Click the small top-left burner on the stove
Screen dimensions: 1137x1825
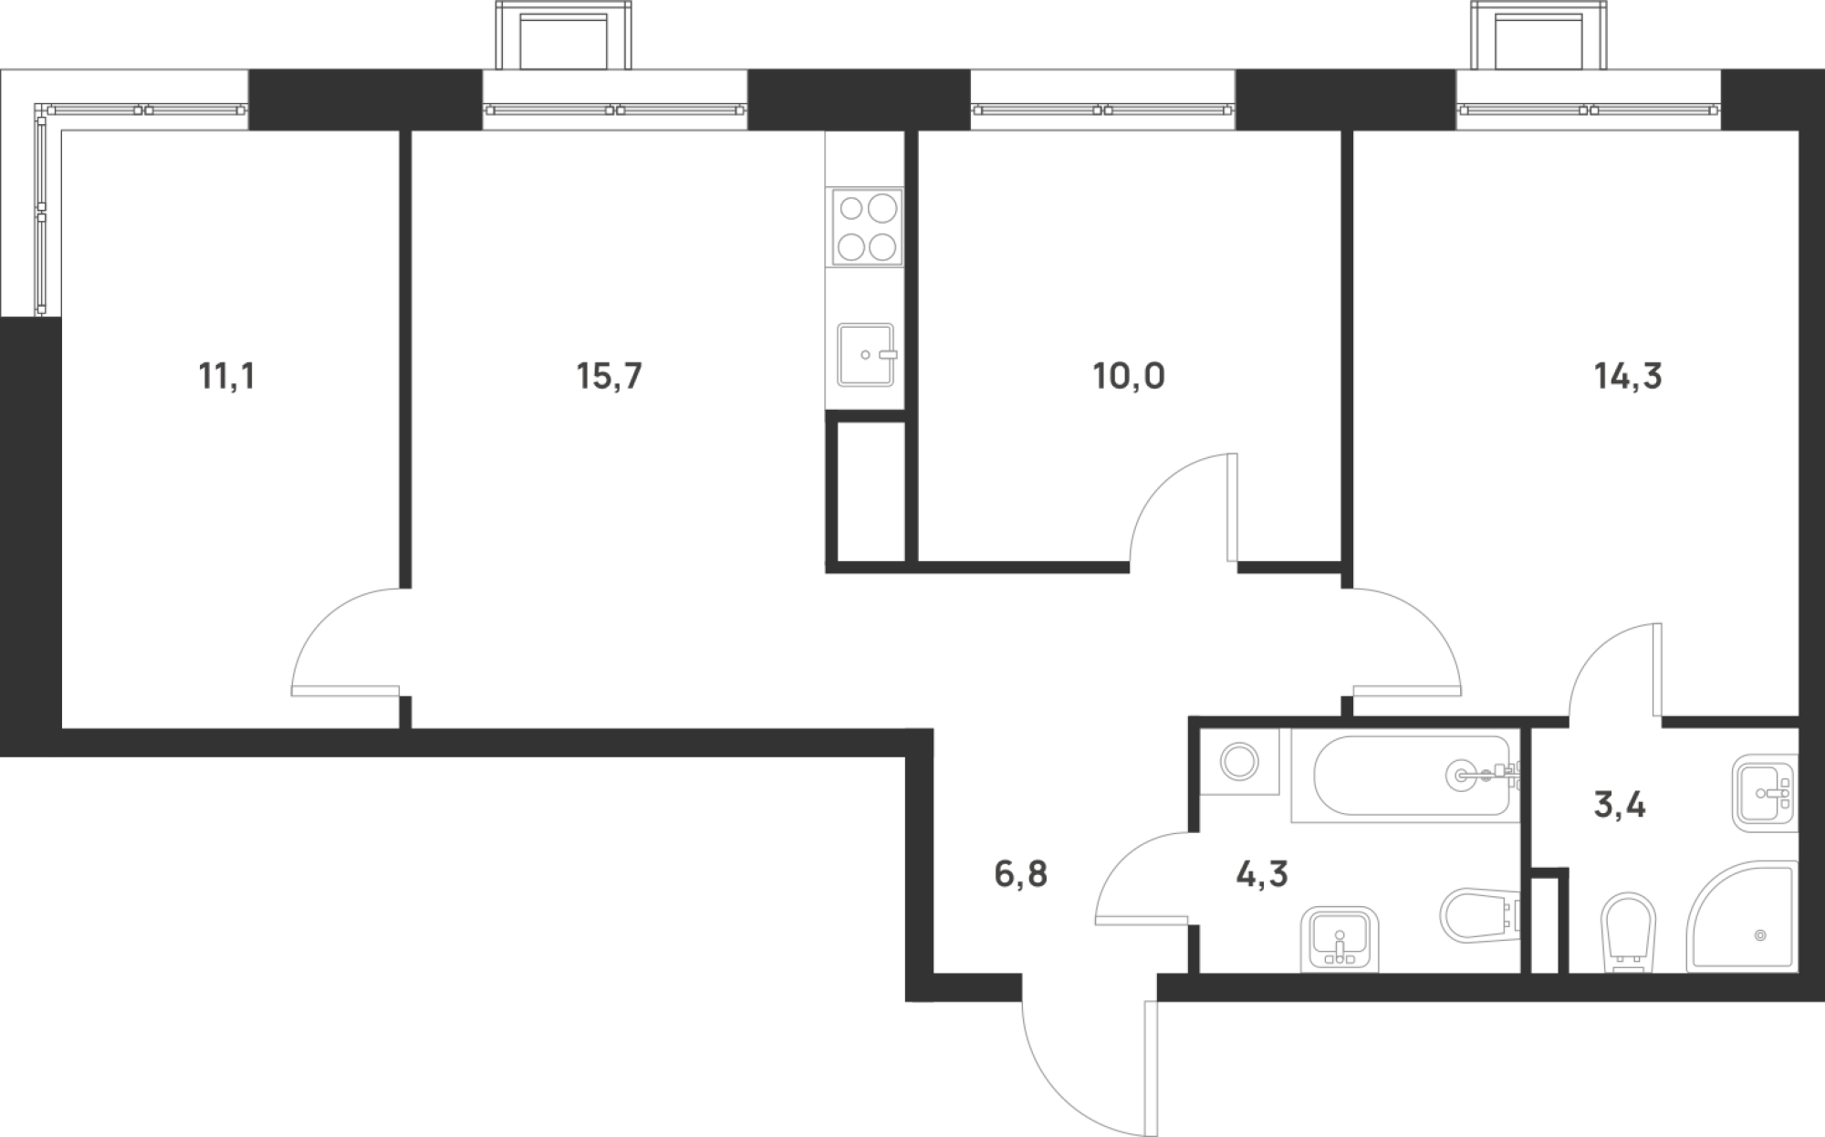point(850,209)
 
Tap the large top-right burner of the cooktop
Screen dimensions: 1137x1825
point(882,208)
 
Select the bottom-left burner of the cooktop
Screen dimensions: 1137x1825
point(850,246)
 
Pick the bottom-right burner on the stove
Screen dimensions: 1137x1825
point(881,246)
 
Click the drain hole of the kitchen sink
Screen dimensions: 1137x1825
point(864,355)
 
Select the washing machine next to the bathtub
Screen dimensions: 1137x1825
point(1239,761)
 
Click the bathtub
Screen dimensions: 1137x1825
point(1405,776)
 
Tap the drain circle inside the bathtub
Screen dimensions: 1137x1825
point(1460,776)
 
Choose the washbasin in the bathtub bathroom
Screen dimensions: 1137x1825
point(1339,940)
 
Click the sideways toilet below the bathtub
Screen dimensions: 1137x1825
point(1478,917)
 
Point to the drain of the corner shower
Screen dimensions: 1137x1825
point(1760,935)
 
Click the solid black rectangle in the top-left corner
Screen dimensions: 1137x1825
point(246,33)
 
